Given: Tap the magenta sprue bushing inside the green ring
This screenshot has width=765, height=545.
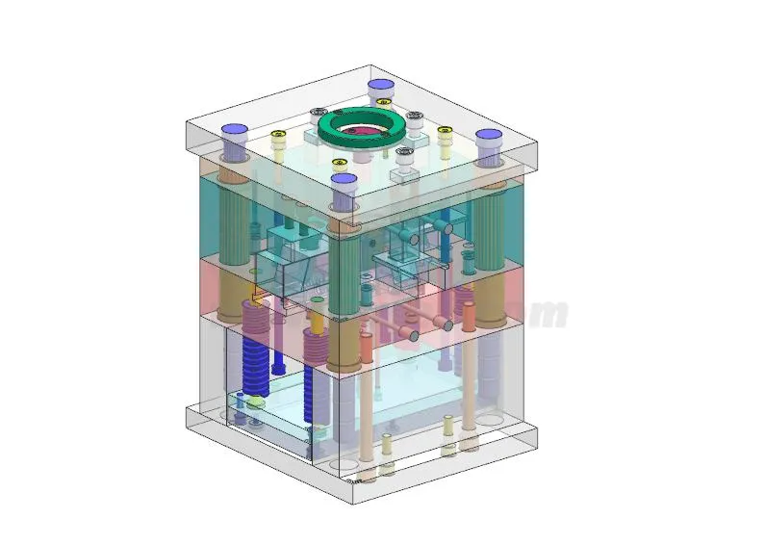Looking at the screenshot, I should tap(359, 130).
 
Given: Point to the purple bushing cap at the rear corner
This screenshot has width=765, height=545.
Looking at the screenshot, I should tap(383, 87).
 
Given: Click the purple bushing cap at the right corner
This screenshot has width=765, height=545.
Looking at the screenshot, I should tap(488, 137).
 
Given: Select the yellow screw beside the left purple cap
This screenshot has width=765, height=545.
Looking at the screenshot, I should tap(278, 136).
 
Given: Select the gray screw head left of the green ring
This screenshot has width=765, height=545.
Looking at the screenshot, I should tap(319, 114).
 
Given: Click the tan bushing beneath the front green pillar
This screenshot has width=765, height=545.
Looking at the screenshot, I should tap(344, 347).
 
